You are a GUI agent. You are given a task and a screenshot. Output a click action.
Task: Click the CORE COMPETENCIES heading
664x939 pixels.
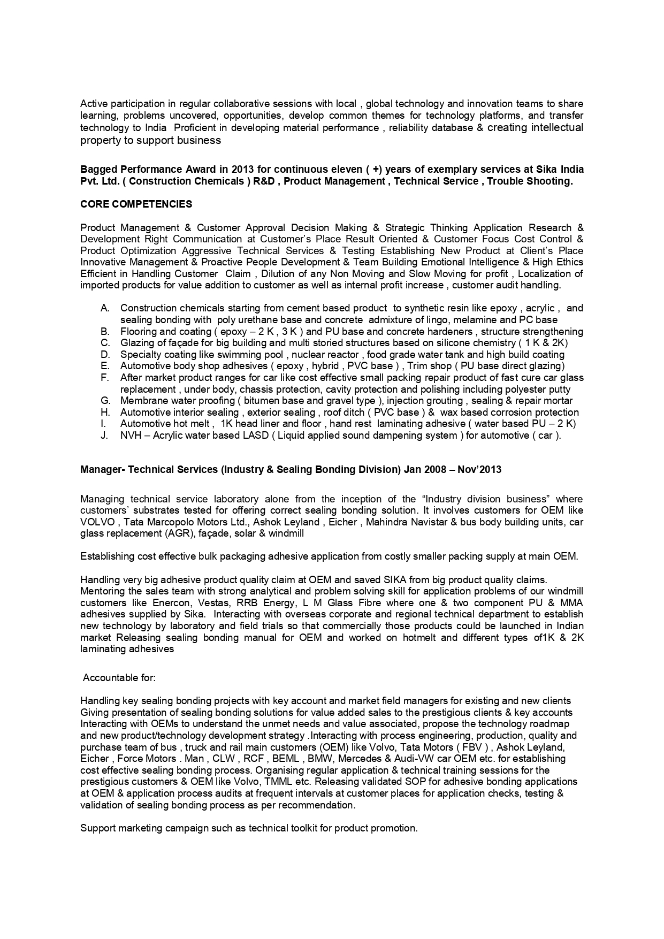point(136,204)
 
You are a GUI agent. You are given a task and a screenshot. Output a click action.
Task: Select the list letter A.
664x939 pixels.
point(105,308)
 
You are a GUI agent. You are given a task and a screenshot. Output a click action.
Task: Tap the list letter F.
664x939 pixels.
point(105,378)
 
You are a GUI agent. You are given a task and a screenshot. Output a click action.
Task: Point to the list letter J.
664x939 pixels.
point(104,436)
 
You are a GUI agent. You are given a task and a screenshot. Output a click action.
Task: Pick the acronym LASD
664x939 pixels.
point(255,436)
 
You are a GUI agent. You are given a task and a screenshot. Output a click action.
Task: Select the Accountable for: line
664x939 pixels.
point(119,678)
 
